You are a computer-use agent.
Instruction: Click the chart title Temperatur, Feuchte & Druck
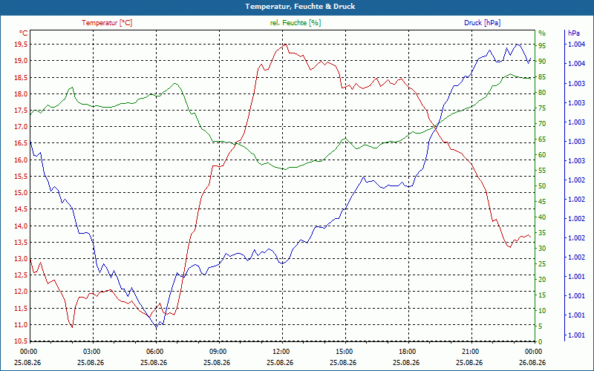point(300,7)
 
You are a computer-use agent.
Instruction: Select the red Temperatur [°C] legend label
point(107,23)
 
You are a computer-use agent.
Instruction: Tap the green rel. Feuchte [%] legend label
point(295,23)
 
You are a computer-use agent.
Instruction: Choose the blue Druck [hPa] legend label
point(482,23)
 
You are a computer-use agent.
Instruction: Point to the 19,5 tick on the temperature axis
point(20,45)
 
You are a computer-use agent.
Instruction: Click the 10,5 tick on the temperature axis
point(20,341)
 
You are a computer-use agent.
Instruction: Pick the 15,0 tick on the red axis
point(20,193)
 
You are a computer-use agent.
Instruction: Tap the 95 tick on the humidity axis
point(542,46)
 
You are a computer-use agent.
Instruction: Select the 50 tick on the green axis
point(542,186)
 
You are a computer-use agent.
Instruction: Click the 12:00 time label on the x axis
point(282,351)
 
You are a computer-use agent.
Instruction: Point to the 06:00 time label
point(156,351)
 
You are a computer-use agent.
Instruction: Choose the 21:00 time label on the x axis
point(471,351)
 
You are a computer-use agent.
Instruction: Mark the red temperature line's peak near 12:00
point(285,45)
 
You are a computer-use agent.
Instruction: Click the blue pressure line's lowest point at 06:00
point(156,327)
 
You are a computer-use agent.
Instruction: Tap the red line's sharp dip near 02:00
point(72,327)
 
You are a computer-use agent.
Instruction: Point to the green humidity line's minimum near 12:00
point(285,169)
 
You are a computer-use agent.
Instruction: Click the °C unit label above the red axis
point(24,33)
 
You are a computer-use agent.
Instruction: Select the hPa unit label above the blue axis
point(573,33)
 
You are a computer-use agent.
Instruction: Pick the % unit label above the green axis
point(542,33)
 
